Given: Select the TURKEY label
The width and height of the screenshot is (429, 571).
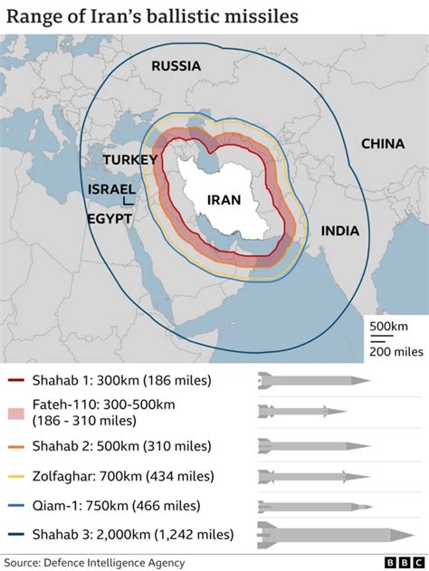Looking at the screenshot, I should pos(130,159).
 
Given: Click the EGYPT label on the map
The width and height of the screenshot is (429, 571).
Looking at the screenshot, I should pos(109,219).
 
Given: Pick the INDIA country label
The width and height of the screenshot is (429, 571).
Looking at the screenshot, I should pos(339,231).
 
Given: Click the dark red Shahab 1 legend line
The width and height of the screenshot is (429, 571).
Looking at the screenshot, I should pos(16,381).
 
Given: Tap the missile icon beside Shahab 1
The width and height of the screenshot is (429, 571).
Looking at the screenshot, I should pos(313,380).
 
